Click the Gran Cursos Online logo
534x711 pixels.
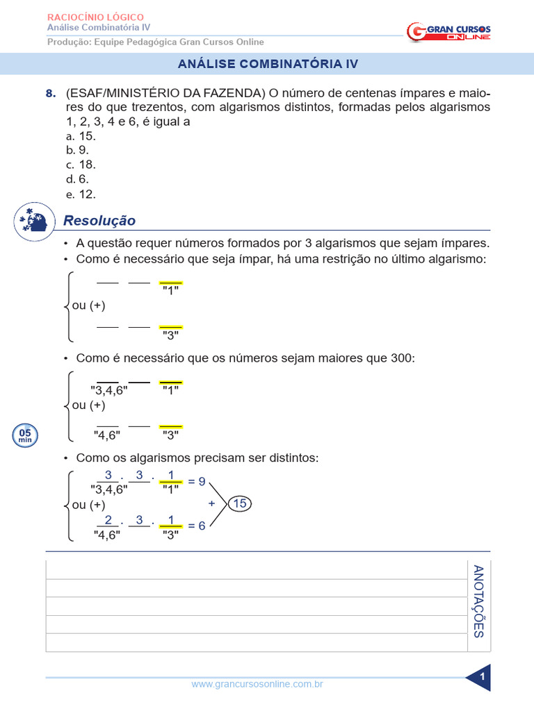pyautogui.click(x=448, y=31)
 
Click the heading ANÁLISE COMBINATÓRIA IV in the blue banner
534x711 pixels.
pyautogui.click(x=268, y=64)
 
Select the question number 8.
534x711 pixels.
pyautogui.click(x=49, y=94)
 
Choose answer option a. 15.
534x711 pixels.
pyautogui.click(x=81, y=136)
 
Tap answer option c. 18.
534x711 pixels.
pyautogui.click(x=81, y=165)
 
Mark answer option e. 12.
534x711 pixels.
pyautogui.click(x=81, y=194)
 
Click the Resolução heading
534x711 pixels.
pyautogui.click(x=99, y=221)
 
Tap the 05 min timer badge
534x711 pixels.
pyautogui.click(x=25, y=435)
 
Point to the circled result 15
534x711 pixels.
pyautogui.click(x=240, y=504)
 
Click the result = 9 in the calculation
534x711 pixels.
pyautogui.click(x=197, y=481)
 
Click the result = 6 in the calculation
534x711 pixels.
pyautogui.click(x=197, y=526)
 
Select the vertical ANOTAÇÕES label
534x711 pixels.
pyautogui.click(x=478, y=601)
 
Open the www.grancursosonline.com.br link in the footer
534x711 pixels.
pyautogui.click(x=257, y=685)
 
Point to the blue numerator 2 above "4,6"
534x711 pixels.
pyautogui.click(x=108, y=520)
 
